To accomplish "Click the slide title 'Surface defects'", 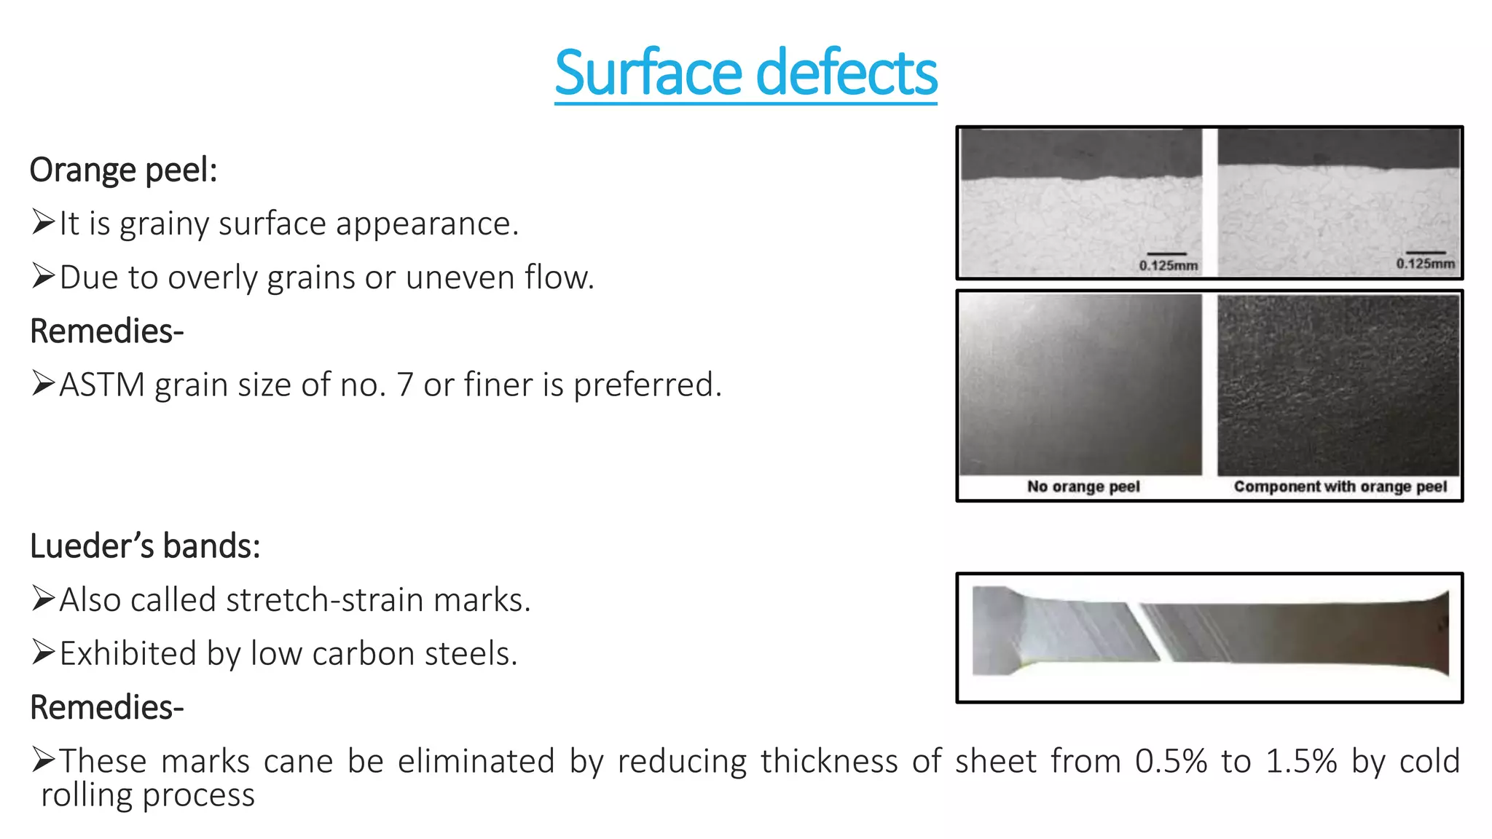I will tap(745, 73).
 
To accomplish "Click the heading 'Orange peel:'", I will tap(123, 170).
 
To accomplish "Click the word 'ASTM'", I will tap(102, 385).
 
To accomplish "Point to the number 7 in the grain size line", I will tap(404, 385).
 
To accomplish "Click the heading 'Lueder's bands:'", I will tap(145, 546).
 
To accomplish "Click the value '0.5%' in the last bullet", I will tap(1171, 761).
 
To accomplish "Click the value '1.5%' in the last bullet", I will tap(1301, 761).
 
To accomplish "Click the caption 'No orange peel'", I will tap(1083, 487).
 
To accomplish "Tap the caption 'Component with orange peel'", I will tap(1340, 487).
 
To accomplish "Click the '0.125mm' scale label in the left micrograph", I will tap(1168, 266).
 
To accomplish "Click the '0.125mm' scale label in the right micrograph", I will tap(1425, 264).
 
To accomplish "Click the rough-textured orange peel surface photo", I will tap(1338, 385).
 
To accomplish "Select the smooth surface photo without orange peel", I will tap(1080, 385).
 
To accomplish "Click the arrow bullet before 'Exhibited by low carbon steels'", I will tap(43, 653).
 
